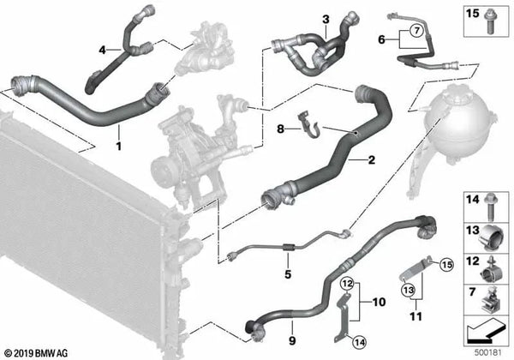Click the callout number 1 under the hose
[x=119, y=146]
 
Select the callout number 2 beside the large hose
[x=372, y=160]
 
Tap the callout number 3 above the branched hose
[x=326, y=20]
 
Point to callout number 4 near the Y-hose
[x=103, y=51]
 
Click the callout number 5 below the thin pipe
[x=288, y=274]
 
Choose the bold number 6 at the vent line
[x=381, y=39]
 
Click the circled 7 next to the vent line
[x=416, y=31]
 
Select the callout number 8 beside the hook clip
[x=280, y=129]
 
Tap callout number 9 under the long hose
[x=292, y=340]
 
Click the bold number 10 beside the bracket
[x=379, y=302]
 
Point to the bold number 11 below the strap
[x=416, y=317]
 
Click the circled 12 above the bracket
[x=348, y=283]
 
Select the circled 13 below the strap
[x=409, y=290]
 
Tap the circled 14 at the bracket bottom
[x=359, y=343]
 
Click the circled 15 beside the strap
[x=447, y=265]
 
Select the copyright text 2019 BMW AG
[x=35, y=353]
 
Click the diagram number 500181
[x=488, y=353]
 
